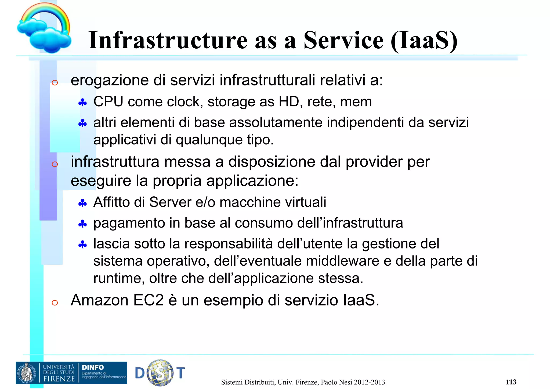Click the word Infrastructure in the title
pos(168,40)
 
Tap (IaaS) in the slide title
pos(424,40)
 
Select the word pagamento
pos(129,223)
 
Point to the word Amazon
pos(100,300)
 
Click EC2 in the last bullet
pos(149,300)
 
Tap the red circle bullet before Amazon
pos(55,303)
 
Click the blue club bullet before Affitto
pos(82,203)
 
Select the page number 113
pos(511,382)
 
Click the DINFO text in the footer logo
pos(93,367)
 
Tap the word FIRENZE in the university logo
pos(59,379)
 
